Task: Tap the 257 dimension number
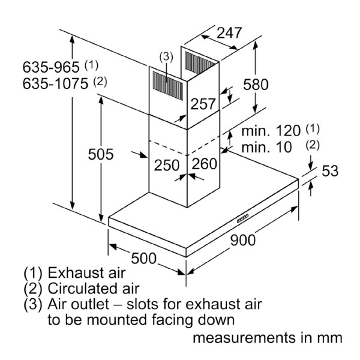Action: (x=203, y=104)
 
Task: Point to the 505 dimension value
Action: (x=101, y=154)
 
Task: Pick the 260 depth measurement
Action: (x=204, y=164)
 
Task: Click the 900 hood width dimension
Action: (x=242, y=240)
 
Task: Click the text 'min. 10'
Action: (x=266, y=147)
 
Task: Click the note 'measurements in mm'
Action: (x=267, y=338)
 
